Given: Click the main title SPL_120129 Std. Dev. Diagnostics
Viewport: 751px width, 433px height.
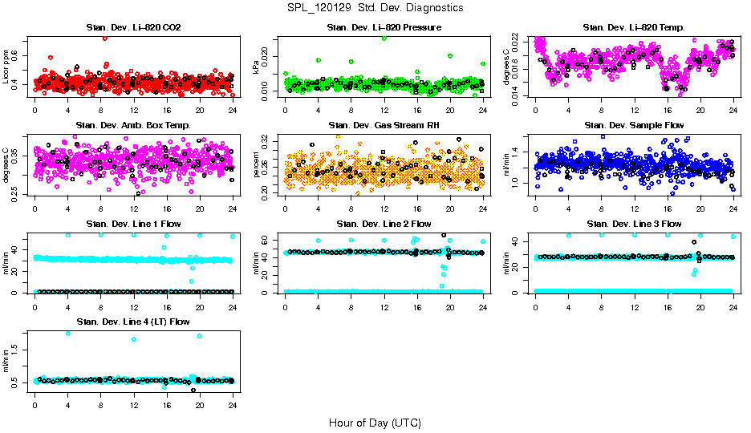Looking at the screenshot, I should tap(375, 7).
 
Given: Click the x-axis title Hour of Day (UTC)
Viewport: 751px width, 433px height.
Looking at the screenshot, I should tap(375, 422).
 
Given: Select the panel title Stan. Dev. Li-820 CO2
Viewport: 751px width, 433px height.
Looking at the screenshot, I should tap(133, 28).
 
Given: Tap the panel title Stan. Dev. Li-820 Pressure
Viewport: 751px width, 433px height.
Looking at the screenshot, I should tap(384, 28).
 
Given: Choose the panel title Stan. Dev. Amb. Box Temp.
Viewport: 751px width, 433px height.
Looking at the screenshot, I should tap(133, 125).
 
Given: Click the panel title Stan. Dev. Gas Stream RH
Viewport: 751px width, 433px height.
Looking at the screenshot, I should tap(384, 125).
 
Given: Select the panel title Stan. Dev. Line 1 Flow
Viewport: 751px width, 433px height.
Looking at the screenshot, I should tap(133, 224).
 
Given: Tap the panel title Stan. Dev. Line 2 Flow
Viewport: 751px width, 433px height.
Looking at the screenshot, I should tap(384, 224).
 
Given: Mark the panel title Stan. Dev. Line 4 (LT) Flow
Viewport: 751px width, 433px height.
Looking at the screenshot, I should tap(133, 322).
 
